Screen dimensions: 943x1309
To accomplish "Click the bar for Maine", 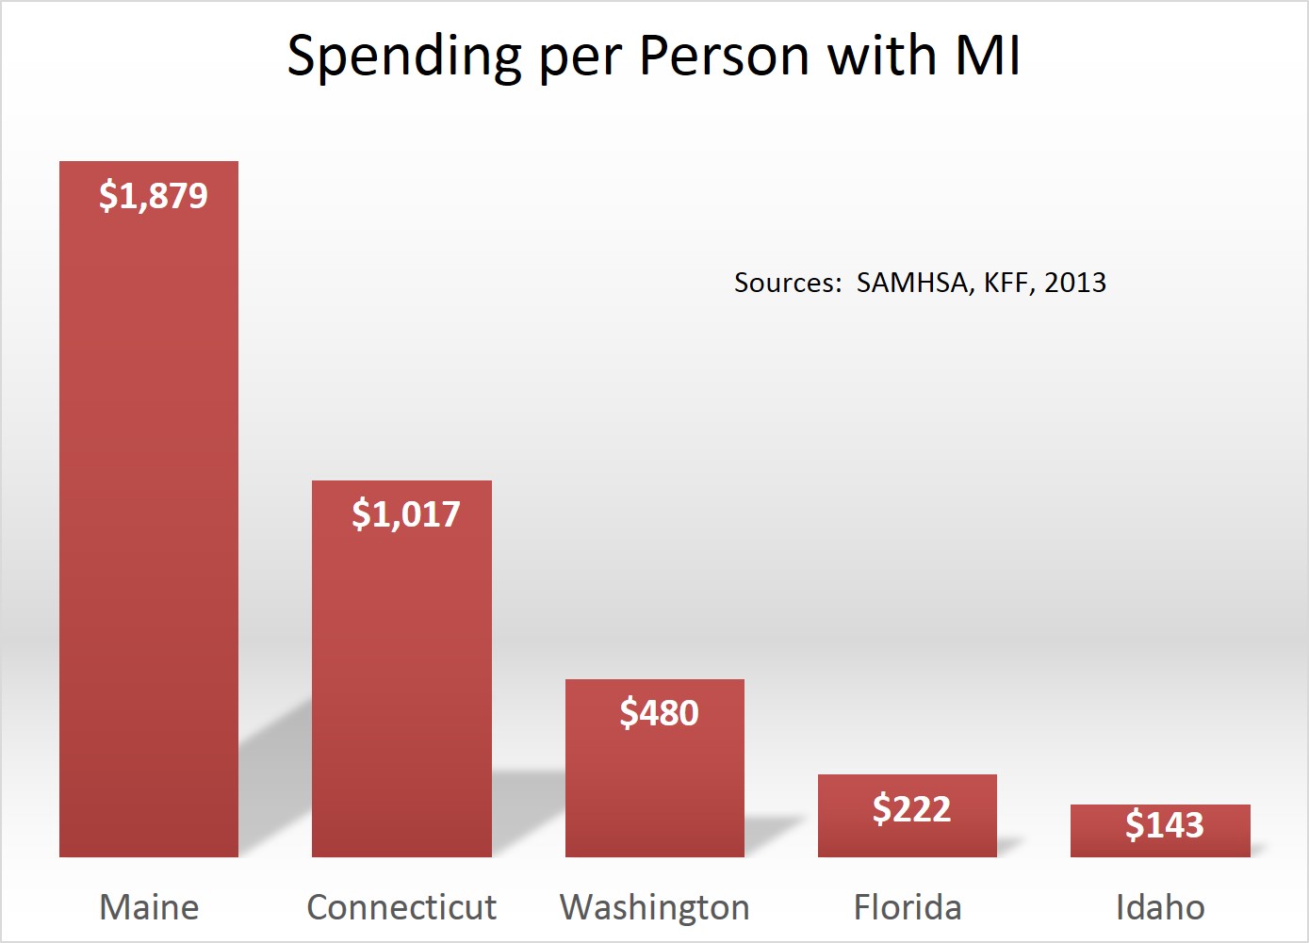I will pyautogui.click(x=149, y=528).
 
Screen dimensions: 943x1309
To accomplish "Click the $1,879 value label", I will pyautogui.click(x=154, y=196).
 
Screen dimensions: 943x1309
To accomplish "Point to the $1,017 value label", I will pyautogui.click(x=406, y=514).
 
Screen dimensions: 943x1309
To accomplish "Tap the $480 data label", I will pyautogui.click(x=659, y=713).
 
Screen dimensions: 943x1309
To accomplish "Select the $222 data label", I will pyautogui.click(x=911, y=808).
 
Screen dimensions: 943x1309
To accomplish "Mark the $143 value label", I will pyautogui.click(x=1165, y=825).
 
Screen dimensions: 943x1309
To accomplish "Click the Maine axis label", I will pyautogui.click(x=149, y=907).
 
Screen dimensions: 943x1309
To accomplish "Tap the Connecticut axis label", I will pyautogui.click(x=401, y=907).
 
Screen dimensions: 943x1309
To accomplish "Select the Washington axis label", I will pyautogui.click(x=655, y=907).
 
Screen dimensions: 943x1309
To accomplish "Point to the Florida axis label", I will pyautogui.click(x=908, y=907).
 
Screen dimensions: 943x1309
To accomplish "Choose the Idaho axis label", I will pyautogui.click(x=1160, y=907).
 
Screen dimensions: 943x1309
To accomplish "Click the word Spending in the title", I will pyautogui.click(x=404, y=57).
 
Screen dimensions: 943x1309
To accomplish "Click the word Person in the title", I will pyautogui.click(x=724, y=56).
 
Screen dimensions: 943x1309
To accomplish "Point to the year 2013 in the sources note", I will pyautogui.click(x=1075, y=283).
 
